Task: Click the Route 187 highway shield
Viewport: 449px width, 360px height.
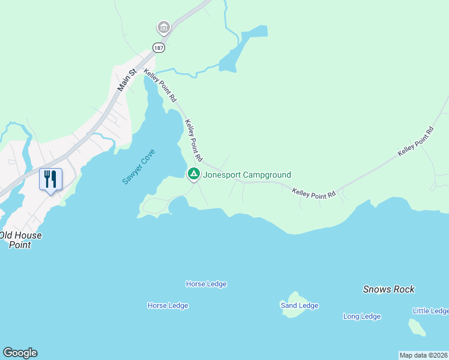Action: tap(158, 47)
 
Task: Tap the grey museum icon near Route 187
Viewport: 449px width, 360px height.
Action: tap(163, 28)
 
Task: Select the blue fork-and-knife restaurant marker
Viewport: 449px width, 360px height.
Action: tap(50, 179)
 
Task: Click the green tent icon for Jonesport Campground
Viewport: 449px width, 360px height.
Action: tap(194, 175)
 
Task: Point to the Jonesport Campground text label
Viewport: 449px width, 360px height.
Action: tap(247, 175)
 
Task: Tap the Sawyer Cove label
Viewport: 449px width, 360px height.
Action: tap(139, 167)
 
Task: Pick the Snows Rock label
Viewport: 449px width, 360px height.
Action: tap(388, 289)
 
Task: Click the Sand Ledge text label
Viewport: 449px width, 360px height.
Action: tap(300, 305)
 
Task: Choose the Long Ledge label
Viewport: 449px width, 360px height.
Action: tap(361, 316)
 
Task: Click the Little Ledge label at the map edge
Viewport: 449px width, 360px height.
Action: tap(430, 310)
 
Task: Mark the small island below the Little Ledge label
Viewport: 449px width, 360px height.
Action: tap(417, 327)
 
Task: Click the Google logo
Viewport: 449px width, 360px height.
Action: tap(20, 353)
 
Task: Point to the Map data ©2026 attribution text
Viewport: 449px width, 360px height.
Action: tap(423, 355)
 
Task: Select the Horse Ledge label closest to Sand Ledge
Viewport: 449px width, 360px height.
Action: tap(206, 284)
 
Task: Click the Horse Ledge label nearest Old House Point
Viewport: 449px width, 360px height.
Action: tap(167, 305)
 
